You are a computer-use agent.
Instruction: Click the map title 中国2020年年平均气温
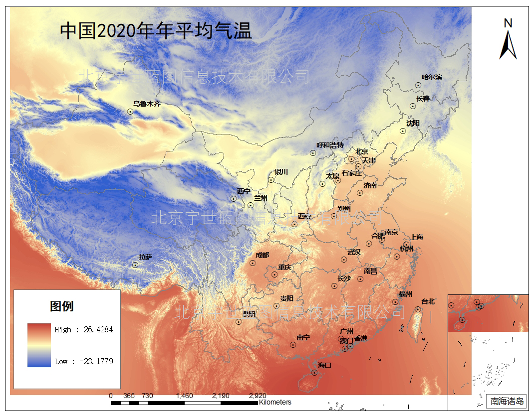point(156,31)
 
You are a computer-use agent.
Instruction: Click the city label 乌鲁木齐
point(147,104)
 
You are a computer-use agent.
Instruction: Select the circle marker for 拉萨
point(135,265)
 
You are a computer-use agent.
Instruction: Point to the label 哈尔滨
point(432,77)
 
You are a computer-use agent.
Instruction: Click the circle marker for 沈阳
point(403,131)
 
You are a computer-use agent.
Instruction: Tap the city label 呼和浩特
point(326,145)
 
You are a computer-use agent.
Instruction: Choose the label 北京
point(361,151)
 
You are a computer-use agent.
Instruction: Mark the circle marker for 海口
point(314,372)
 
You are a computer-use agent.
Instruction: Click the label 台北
point(428,301)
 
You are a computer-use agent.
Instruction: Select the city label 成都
point(262,255)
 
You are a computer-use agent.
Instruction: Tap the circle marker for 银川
point(271,180)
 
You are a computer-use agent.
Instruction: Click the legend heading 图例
point(62,306)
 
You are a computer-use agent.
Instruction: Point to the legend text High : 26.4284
point(84,329)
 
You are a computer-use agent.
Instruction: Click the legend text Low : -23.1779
point(84,361)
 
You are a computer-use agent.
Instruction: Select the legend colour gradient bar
point(39,345)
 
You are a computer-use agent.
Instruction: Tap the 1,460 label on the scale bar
point(184,396)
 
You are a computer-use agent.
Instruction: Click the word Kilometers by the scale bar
point(275,402)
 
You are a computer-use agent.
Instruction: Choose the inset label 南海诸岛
point(506,401)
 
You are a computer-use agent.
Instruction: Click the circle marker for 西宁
point(234,199)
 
